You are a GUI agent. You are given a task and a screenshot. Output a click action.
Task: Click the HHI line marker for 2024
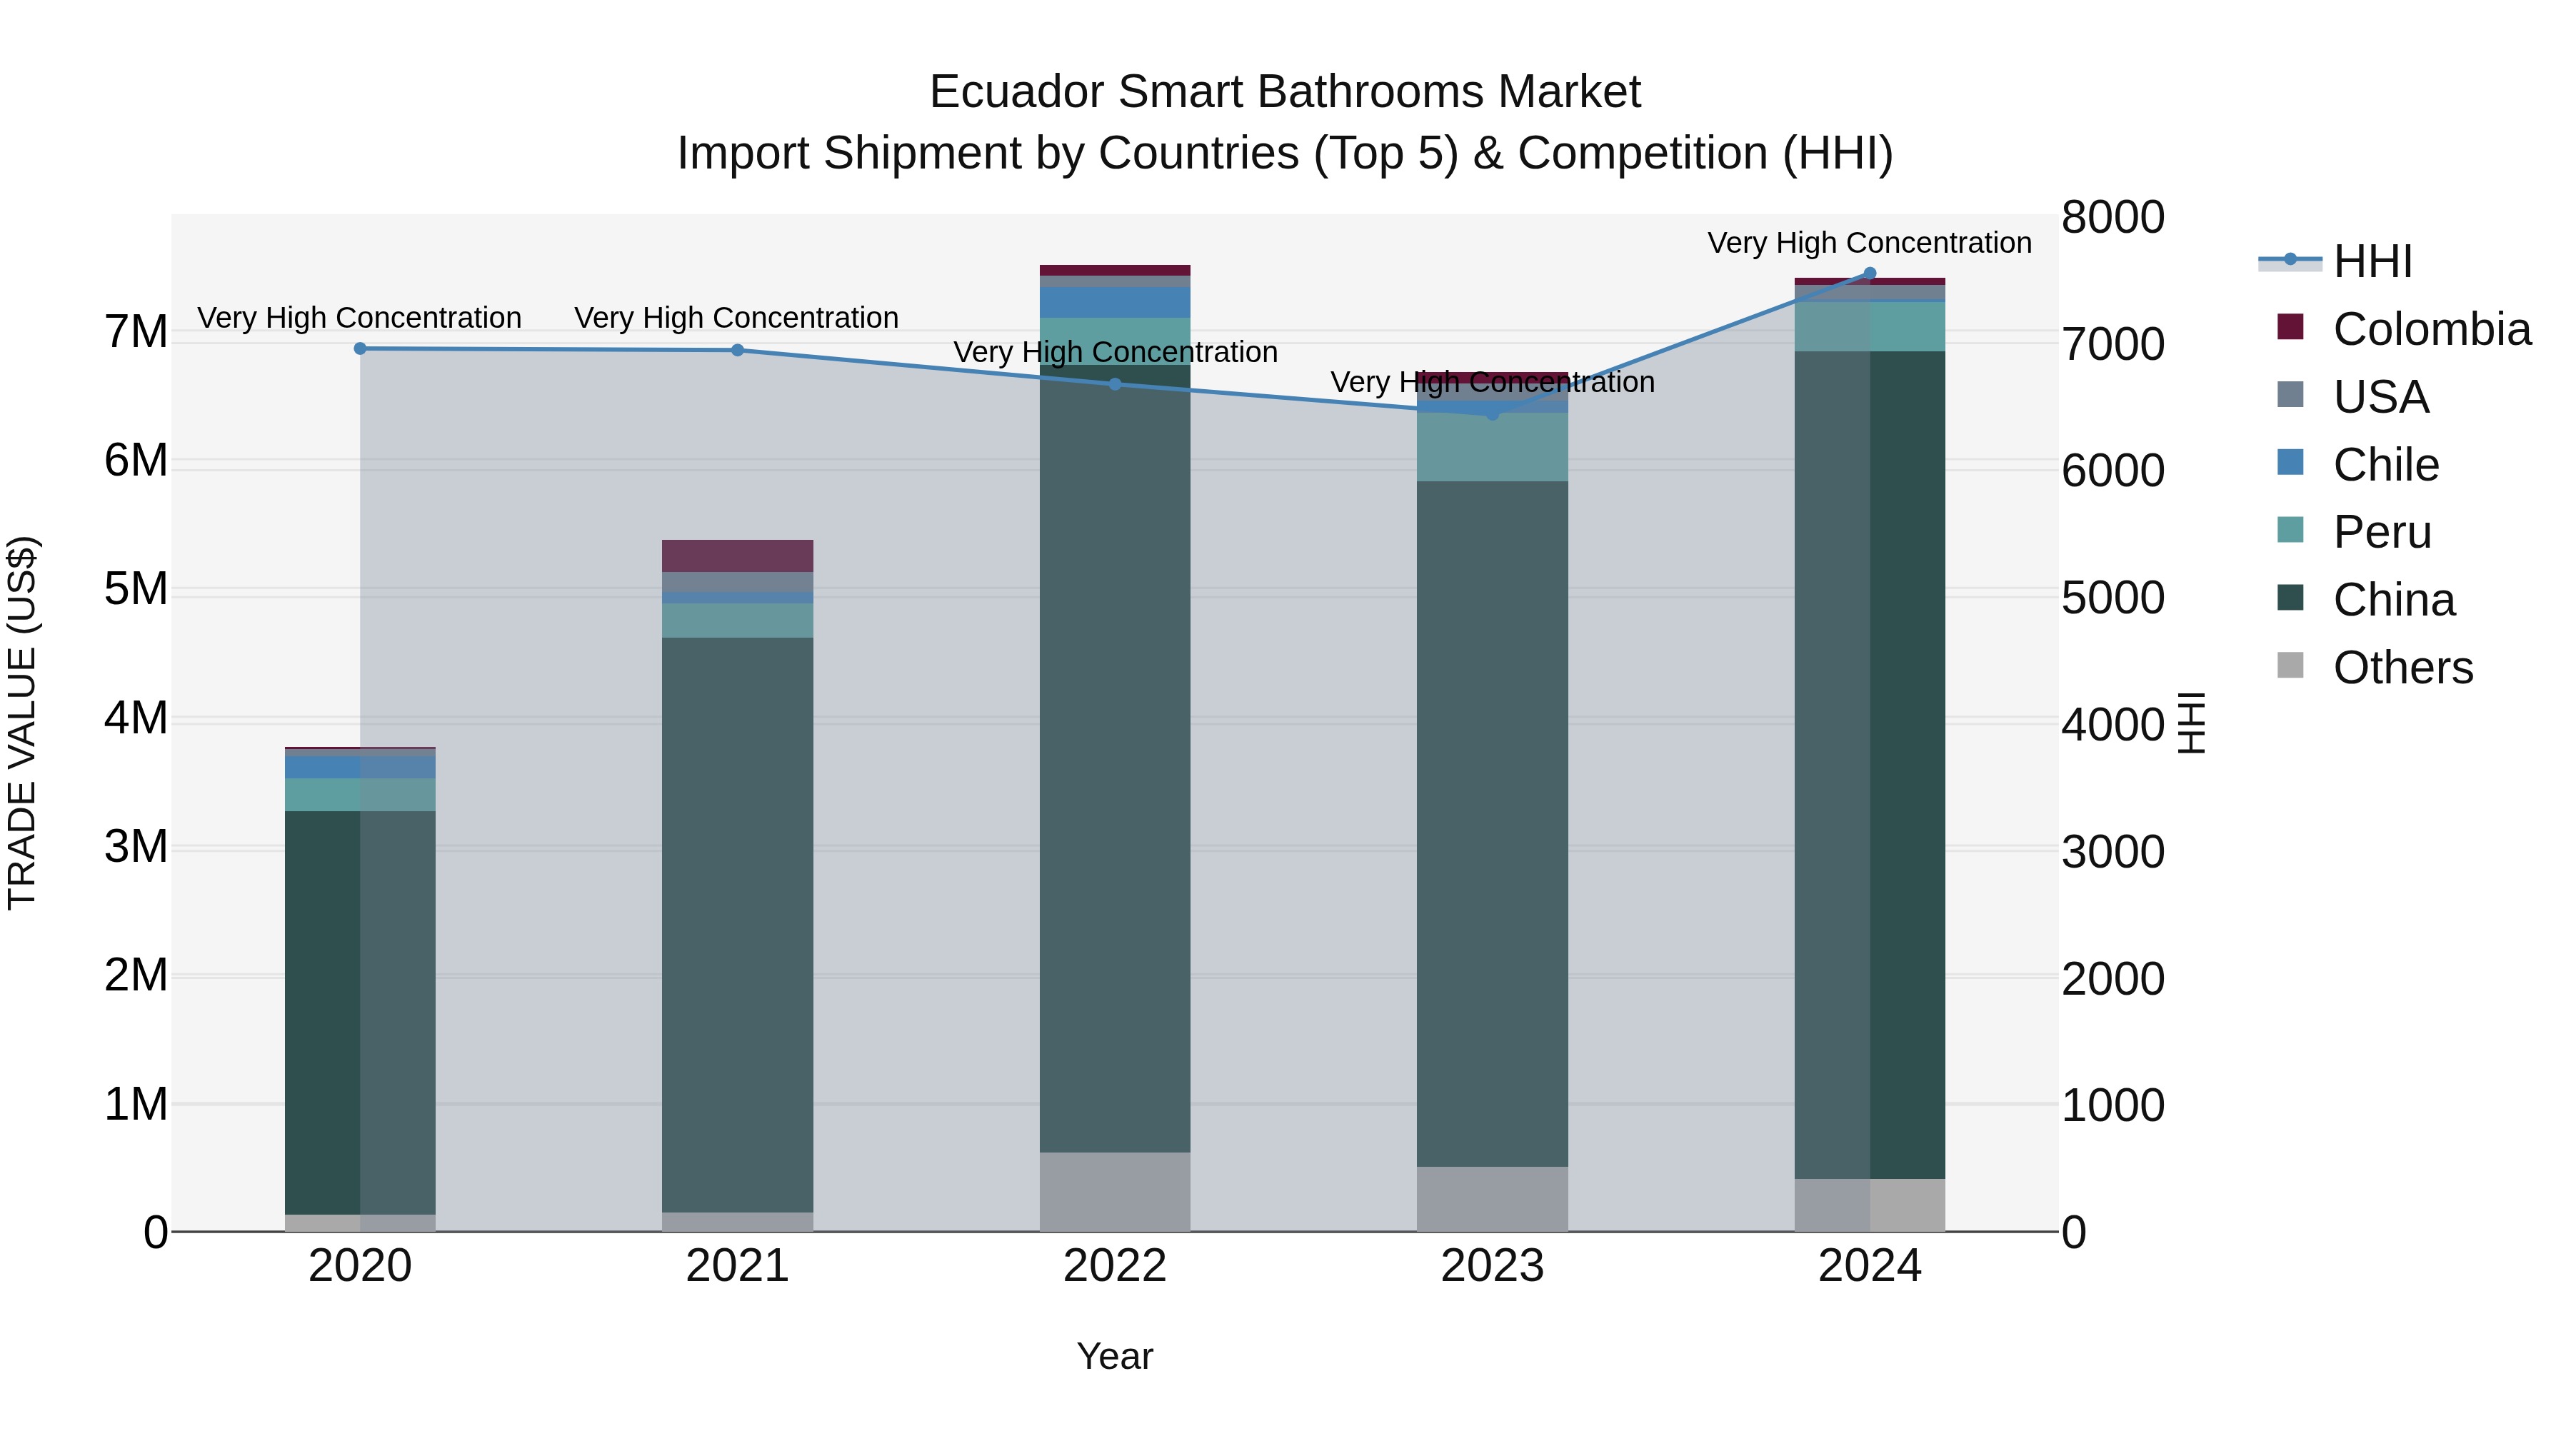pyautogui.click(x=1870, y=273)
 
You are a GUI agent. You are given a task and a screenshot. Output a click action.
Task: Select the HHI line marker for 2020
pyautogui.click(x=361, y=348)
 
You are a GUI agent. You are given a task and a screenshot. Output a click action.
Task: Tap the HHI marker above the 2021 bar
pyautogui.click(x=738, y=351)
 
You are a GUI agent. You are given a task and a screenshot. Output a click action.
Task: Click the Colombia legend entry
pyautogui.click(x=2430, y=329)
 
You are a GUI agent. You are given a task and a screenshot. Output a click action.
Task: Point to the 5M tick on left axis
pyautogui.click(x=136, y=590)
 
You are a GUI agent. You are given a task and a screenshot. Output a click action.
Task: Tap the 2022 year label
pyautogui.click(x=1115, y=1266)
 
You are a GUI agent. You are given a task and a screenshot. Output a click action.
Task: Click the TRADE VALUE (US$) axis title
pyautogui.click(x=23, y=723)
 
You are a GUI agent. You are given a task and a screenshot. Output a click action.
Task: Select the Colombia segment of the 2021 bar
pyautogui.click(x=738, y=556)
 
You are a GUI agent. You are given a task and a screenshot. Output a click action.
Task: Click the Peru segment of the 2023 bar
pyautogui.click(x=1492, y=447)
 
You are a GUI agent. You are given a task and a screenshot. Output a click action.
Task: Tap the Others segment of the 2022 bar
pyautogui.click(x=1115, y=1192)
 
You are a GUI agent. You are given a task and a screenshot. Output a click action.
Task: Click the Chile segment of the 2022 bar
pyautogui.click(x=1115, y=302)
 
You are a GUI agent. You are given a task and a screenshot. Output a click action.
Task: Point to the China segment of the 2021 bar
pyautogui.click(x=738, y=923)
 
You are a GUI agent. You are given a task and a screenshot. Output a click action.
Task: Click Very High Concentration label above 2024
pyautogui.click(x=1870, y=243)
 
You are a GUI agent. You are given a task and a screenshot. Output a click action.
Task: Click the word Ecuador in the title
pyautogui.click(x=1016, y=93)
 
